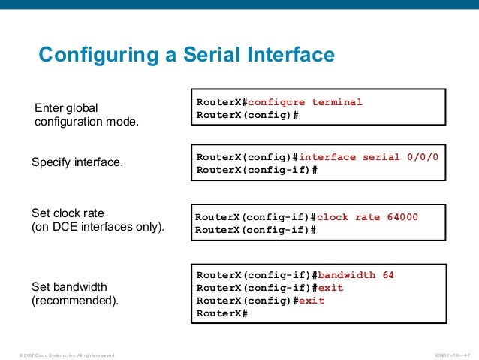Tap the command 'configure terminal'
point(305,102)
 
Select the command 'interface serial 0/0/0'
point(368,157)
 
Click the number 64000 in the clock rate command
point(402,217)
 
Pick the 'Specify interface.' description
point(77,162)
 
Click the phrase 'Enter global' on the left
point(66,107)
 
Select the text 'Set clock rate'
point(68,213)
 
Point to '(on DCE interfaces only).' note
point(97,226)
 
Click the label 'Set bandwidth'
point(69,286)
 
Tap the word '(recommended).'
point(75,301)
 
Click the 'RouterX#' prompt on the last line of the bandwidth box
point(221,313)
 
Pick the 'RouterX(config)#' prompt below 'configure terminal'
point(248,115)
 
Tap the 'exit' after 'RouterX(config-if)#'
point(331,288)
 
